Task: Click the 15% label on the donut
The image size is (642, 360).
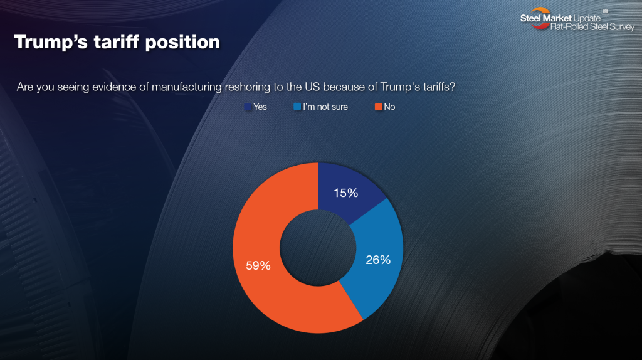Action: coord(345,193)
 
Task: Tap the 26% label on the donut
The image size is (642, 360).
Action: coord(378,259)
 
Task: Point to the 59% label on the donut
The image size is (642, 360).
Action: coord(258,265)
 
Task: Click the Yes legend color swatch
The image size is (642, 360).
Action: coord(248,107)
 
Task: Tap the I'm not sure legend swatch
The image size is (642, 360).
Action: coord(297,107)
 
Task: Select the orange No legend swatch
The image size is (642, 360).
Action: coord(378,107)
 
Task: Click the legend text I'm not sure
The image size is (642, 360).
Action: coord(325,107)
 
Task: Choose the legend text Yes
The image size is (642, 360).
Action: coord(260,107)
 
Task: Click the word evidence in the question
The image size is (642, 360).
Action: coord(112,87)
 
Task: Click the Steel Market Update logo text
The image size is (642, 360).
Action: coord(560,18)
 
